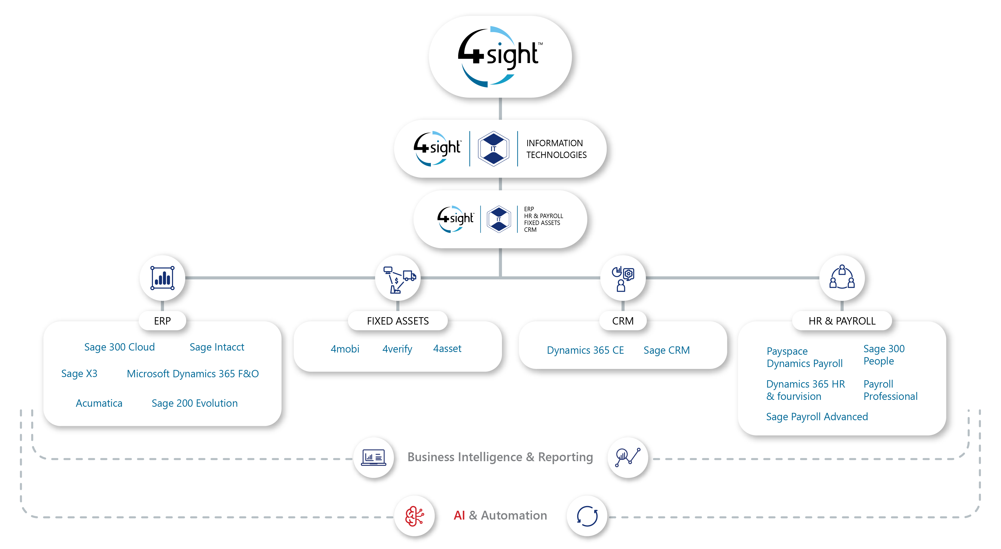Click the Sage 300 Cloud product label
click(x=119, y=347)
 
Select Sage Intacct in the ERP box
click(x=217, y=347)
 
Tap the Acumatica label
click(x=99, y=403)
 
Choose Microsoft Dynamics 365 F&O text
click(x=193, y=374)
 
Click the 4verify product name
click(x=397, y=349)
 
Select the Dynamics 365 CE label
click(x=585, y=350)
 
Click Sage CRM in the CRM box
click(x=666, y=350)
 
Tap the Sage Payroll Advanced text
click(x=817, y=417)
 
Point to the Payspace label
click(x=787, y=351)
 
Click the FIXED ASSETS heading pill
click(x=398, y=321)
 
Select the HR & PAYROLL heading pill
click(x=842, y=321)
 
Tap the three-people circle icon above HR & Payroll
click(x=842, y=278)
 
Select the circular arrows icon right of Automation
click(x=587, y=516)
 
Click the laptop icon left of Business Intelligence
click(x=374, y=458)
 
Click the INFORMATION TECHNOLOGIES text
click(x=556, y=149)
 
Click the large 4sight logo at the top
click(x=500, y=57)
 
